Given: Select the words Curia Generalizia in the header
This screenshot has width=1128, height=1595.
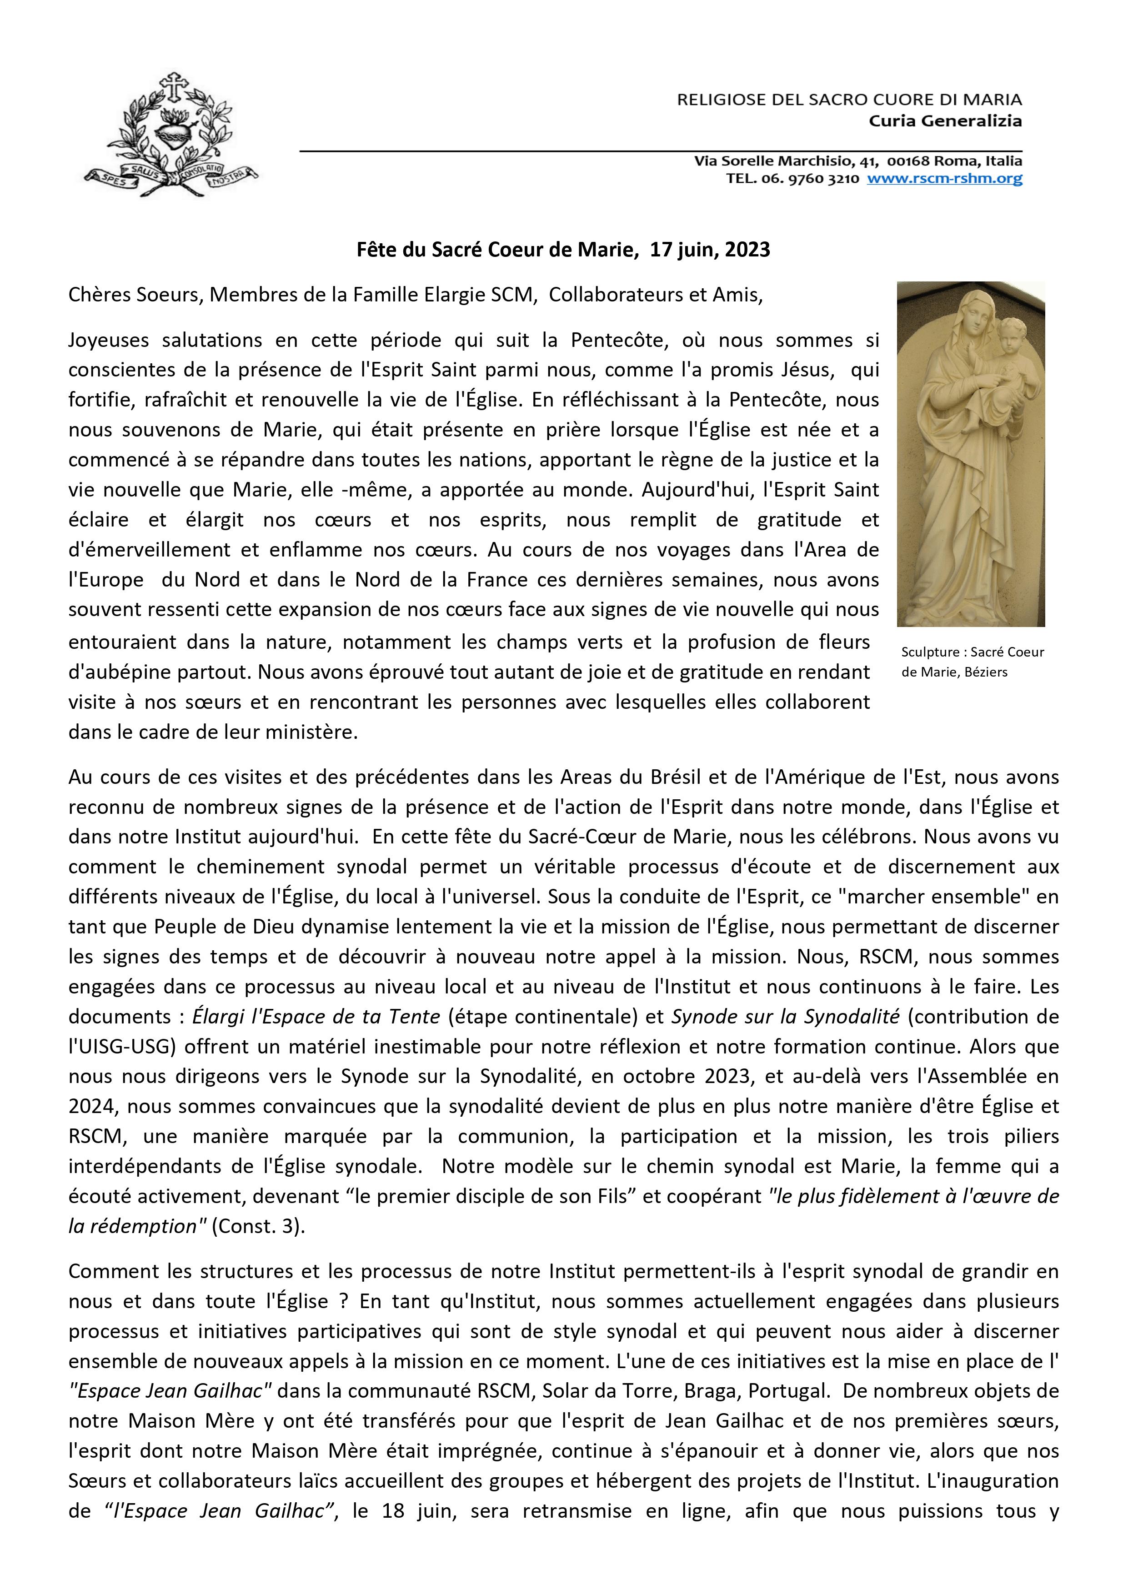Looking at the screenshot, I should point(945,121).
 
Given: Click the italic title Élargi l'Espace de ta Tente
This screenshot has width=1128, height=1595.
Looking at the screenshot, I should point(316,1016).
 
